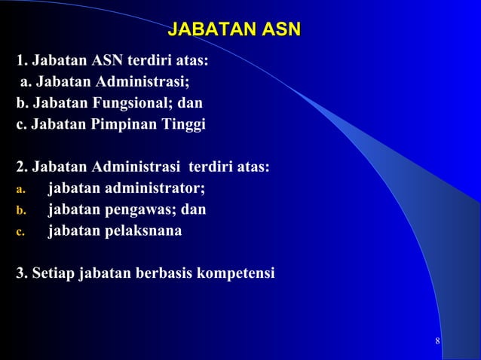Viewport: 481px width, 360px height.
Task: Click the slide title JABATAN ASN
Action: [234, 30]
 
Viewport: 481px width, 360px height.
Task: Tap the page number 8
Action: [438, 344]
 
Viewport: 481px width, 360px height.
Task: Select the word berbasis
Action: [161, 272]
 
